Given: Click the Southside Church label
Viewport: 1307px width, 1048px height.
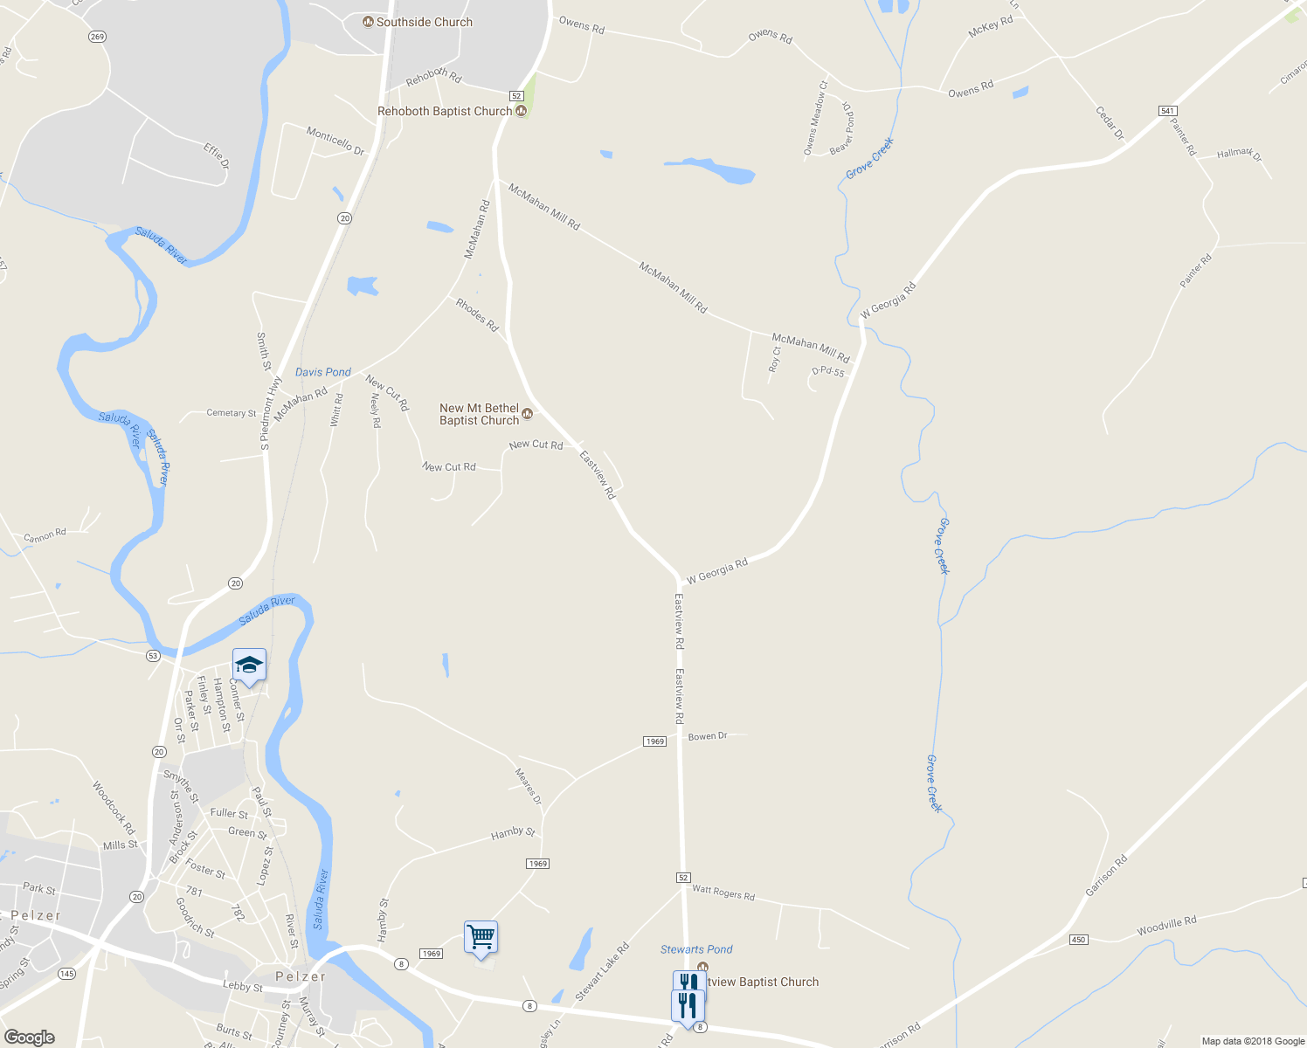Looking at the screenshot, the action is [x=424, y=22].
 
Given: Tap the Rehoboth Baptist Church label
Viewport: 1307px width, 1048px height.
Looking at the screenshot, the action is [x=445, y=111].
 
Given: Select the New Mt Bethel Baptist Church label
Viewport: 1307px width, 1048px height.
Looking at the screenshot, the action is [x=480, y=414].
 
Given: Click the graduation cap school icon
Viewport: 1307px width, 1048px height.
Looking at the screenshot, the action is [x=249, y=665].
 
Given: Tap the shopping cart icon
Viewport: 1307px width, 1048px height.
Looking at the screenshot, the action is [x=481, y=938].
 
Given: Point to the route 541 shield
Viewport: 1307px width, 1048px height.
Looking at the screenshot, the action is [x=1168, y=111].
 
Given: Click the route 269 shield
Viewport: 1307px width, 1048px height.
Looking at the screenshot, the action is [x=97, y=37].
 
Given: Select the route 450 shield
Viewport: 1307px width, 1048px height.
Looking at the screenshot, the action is [x=1078, y=940].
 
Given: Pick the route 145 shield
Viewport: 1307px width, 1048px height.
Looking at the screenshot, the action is [x=66, y=974].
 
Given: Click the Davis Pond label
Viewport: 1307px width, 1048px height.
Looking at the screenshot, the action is [x=323, y=372].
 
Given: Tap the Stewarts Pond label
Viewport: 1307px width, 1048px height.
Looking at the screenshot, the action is [x=696, y=949].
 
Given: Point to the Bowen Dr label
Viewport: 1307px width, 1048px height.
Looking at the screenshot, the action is [x=708, y=736].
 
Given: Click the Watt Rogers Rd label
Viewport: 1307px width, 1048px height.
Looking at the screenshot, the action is [x=723, y=893].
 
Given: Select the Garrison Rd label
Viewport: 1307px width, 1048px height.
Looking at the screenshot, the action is [x=1106, y=875].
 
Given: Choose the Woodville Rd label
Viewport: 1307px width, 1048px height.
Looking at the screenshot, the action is [x=1166, y=926].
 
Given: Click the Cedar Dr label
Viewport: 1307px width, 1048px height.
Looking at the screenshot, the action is [x=1110, y=123].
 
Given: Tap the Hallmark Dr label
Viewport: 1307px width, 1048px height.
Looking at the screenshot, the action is [x=1240, y=155].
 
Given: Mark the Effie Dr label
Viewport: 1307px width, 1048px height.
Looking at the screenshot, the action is [x=217, y=155].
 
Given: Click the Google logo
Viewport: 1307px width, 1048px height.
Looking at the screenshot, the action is [x=29, y=1038].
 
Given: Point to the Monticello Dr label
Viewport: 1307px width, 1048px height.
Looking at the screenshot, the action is [x=335, y=141].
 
